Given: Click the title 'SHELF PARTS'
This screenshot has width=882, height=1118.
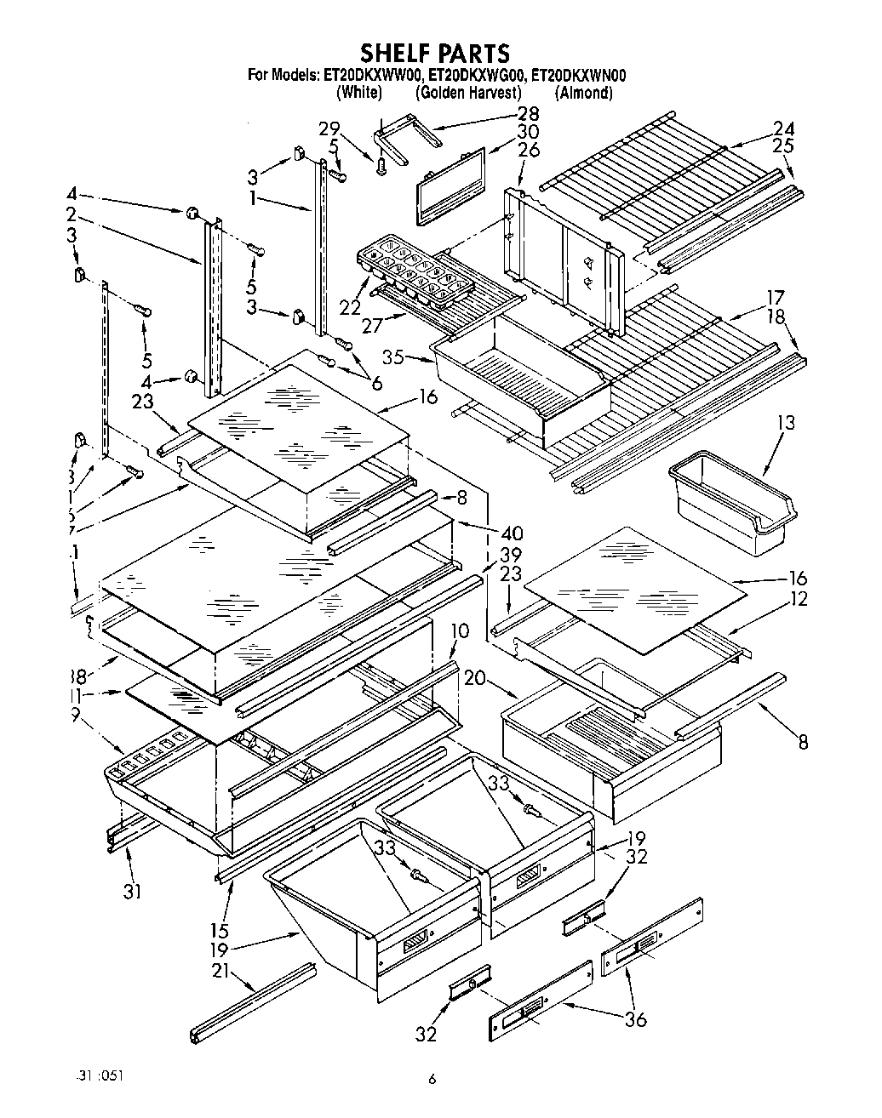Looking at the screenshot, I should pos(435,54).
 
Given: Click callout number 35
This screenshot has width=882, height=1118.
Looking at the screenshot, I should pos(392,357).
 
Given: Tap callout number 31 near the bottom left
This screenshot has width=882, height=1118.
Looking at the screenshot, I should pos(131,892).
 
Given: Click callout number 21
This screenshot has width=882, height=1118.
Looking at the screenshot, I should pos(220,970).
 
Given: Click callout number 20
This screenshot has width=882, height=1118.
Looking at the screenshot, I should pos(475,678).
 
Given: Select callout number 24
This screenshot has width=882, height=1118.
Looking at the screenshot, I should pos(783,128).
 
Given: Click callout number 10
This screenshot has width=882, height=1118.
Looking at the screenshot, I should pos(459,631).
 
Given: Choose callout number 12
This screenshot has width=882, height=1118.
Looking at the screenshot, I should pos(797,599).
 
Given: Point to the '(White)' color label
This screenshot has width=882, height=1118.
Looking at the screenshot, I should pos(358,93).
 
